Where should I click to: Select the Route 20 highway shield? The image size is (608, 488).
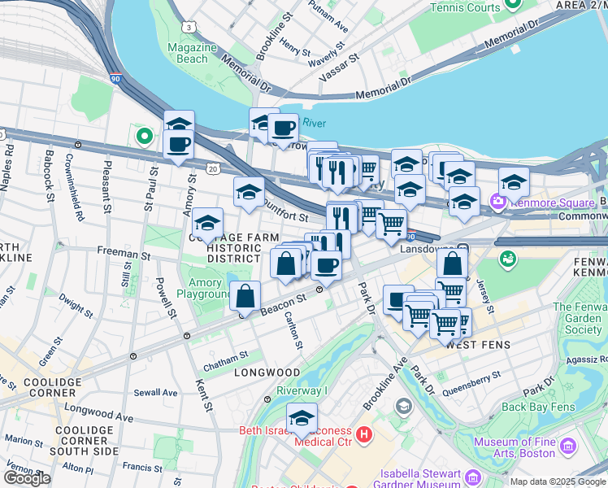tap(213, 168)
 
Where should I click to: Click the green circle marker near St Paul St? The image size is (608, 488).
tap(145, 136)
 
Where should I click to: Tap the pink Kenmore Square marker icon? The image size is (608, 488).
tap(496, 200)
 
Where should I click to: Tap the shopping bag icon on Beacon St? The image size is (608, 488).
tap(245, 297)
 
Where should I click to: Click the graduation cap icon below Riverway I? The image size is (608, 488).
tap(302, 418)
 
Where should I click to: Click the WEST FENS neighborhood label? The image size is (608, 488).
tap(478, 345)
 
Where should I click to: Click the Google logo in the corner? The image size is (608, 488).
tap(27, 478)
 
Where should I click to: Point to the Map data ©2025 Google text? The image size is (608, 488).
tap(557, 481)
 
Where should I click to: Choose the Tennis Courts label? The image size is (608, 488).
tap(464, 7)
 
